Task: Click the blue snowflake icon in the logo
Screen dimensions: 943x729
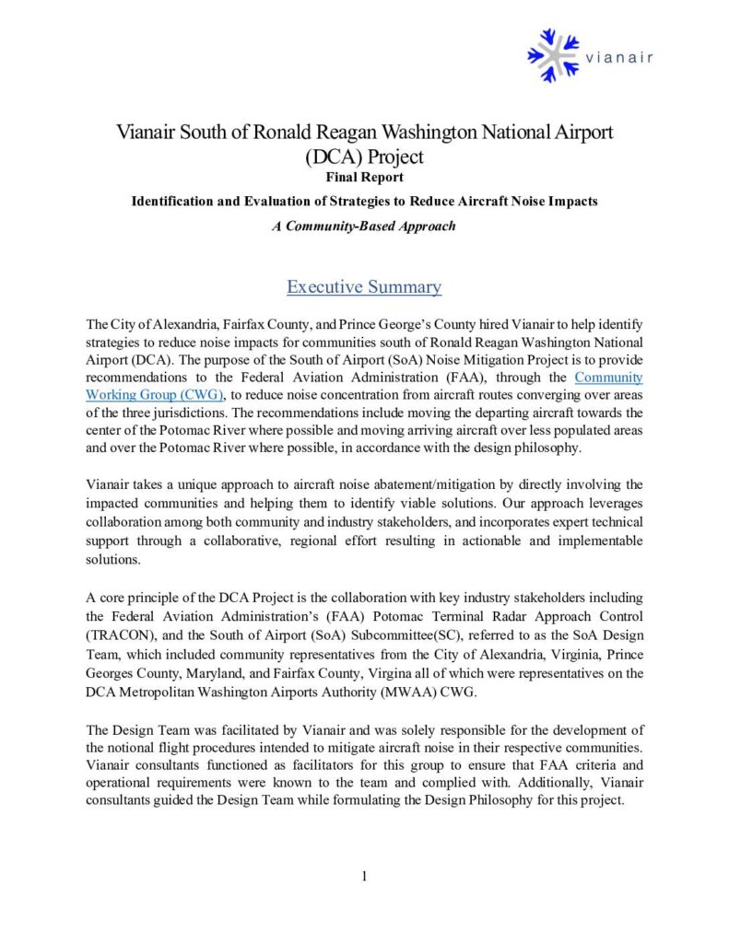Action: click(x=554, y=55)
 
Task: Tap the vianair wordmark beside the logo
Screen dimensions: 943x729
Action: click(x=619, y=57)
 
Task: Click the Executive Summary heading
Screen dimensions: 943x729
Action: click(x=364, y=286)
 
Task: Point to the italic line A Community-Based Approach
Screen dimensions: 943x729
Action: click(x=364, y=226)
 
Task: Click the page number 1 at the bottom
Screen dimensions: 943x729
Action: click(x=364, y=876)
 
